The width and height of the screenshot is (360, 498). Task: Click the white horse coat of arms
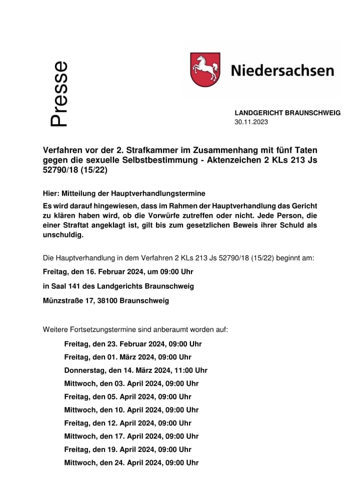point(205,70)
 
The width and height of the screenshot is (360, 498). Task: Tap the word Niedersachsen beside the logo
point(282,71)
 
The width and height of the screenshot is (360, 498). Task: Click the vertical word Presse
point(59,94)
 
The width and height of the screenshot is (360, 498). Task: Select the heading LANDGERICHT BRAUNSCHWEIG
point(287,113)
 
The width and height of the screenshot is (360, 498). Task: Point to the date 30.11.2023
point(251,122)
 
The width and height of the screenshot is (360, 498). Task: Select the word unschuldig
point(62,235)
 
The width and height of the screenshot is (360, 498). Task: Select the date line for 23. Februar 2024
point(133,344)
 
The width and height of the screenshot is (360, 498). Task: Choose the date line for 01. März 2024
point(127,357)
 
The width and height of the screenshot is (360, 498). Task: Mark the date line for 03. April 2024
point(131,383)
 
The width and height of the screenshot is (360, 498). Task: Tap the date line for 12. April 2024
point(127,423)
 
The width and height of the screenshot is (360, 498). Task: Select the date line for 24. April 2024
point(131,462)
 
